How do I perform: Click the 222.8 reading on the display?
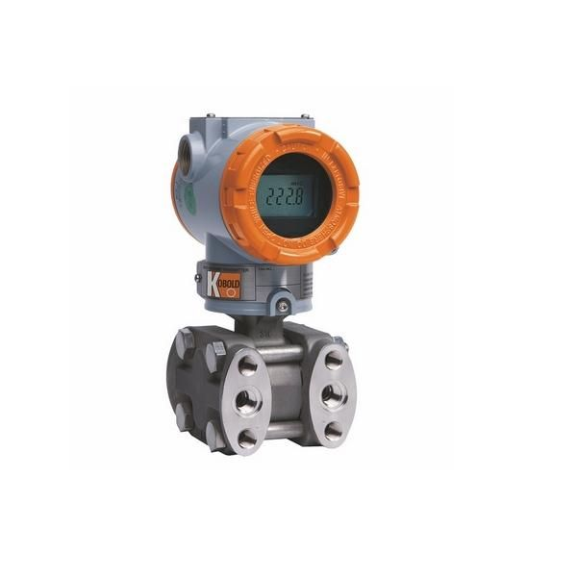[x=285, y=195]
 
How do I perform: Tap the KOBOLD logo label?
[x=224, y=285]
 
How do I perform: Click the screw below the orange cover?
[x=283, y=304]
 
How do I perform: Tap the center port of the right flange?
[x=335, y=395]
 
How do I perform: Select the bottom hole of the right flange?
[x=335, y=430]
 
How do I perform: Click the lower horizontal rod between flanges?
[x=290, y=430]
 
